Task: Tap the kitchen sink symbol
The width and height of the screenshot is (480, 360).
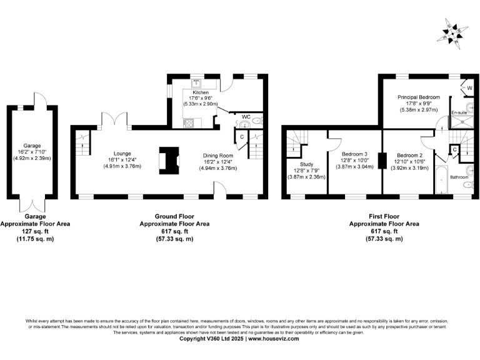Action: tap(196, 84)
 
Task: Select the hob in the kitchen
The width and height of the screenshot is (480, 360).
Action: tap(188, 122)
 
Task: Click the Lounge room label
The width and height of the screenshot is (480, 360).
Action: tap(122, 153)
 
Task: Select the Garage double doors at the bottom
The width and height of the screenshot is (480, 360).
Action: tap(32, 204)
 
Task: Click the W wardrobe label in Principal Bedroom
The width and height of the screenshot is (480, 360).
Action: tap(469, 88)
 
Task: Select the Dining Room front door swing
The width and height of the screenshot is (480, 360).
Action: tap(220, 189)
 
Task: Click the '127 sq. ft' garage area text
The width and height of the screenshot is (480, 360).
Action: tap(34, 231)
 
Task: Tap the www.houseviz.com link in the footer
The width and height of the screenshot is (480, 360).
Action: tap(273, 339)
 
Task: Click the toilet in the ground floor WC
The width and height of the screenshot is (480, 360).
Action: tap(258, 119)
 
